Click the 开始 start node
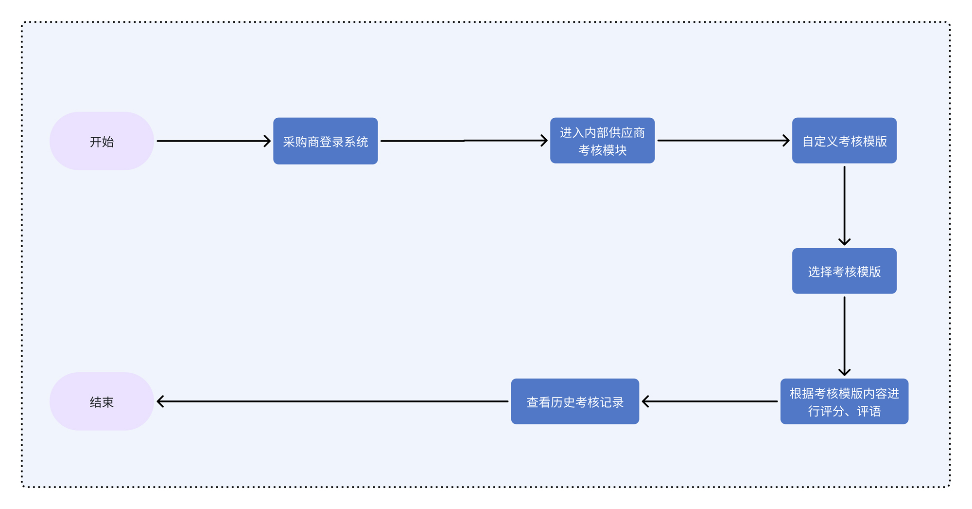tap(102, 141)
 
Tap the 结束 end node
tap(102, 401)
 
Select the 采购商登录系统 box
tap(325, 141)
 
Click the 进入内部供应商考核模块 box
tap(602, 141)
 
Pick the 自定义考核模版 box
tap(844, 141)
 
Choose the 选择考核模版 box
tap(844, 271)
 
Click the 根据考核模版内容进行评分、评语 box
tap(844, 401)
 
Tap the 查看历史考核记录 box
tap(575, 401)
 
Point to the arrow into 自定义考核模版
tap(723, 141)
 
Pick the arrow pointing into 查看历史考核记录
tap(710, 401)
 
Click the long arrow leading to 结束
tap(333, 401)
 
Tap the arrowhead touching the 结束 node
tap(160, 401)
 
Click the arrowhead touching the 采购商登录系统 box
tap(267, 141)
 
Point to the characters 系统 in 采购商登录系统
tap(356, 142)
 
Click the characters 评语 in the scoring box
tap(869, 411)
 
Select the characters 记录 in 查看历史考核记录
tap(611, 402)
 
